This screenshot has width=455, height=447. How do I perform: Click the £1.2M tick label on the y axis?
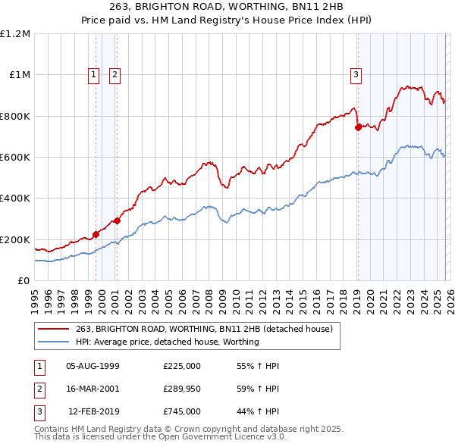click(16, 34)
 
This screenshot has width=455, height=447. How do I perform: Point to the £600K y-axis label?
click(16, 158)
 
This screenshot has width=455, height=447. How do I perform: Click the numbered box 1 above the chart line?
click(93, 74)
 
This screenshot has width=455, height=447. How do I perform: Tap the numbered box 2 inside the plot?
click(115, 74)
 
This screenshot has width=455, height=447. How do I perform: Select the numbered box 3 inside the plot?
click(356, 74)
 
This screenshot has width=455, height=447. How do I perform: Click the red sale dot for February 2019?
click(357, 128)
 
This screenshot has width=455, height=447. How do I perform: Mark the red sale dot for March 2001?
click(118, 221)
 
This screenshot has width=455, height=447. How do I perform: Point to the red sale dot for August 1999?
click(96, 235)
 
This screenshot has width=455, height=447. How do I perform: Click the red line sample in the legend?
click(54, 329)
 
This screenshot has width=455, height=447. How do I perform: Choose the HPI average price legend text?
click(168, 342)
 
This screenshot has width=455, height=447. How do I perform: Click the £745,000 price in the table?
click(182, 411)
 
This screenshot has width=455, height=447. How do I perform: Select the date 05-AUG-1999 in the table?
click(93, 366)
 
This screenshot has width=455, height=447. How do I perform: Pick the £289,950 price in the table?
click(182, 389)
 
